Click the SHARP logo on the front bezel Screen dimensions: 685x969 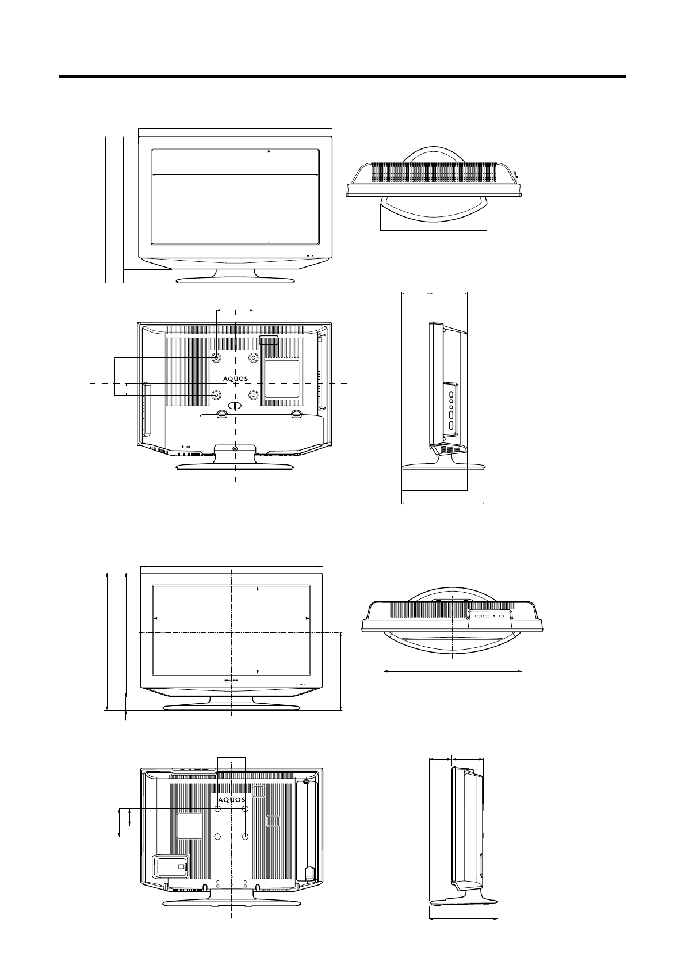[231, 680]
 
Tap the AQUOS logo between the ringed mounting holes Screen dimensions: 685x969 [236, 379]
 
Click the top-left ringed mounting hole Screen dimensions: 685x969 [216, 358]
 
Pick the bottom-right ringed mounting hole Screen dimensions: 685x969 [254, 395]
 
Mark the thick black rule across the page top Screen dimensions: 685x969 [342, 76]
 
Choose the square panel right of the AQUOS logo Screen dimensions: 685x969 [281, 379]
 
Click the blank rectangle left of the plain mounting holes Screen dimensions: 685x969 [190, 825]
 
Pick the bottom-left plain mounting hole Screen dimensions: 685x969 [218, 836]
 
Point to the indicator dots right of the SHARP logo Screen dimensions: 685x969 [303, 684]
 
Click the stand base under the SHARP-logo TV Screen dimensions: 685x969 [231, 707]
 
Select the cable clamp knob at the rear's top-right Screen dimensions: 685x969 [306, 781]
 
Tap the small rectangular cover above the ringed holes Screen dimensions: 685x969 [269, 340]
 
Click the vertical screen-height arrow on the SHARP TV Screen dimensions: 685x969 [259, 631]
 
